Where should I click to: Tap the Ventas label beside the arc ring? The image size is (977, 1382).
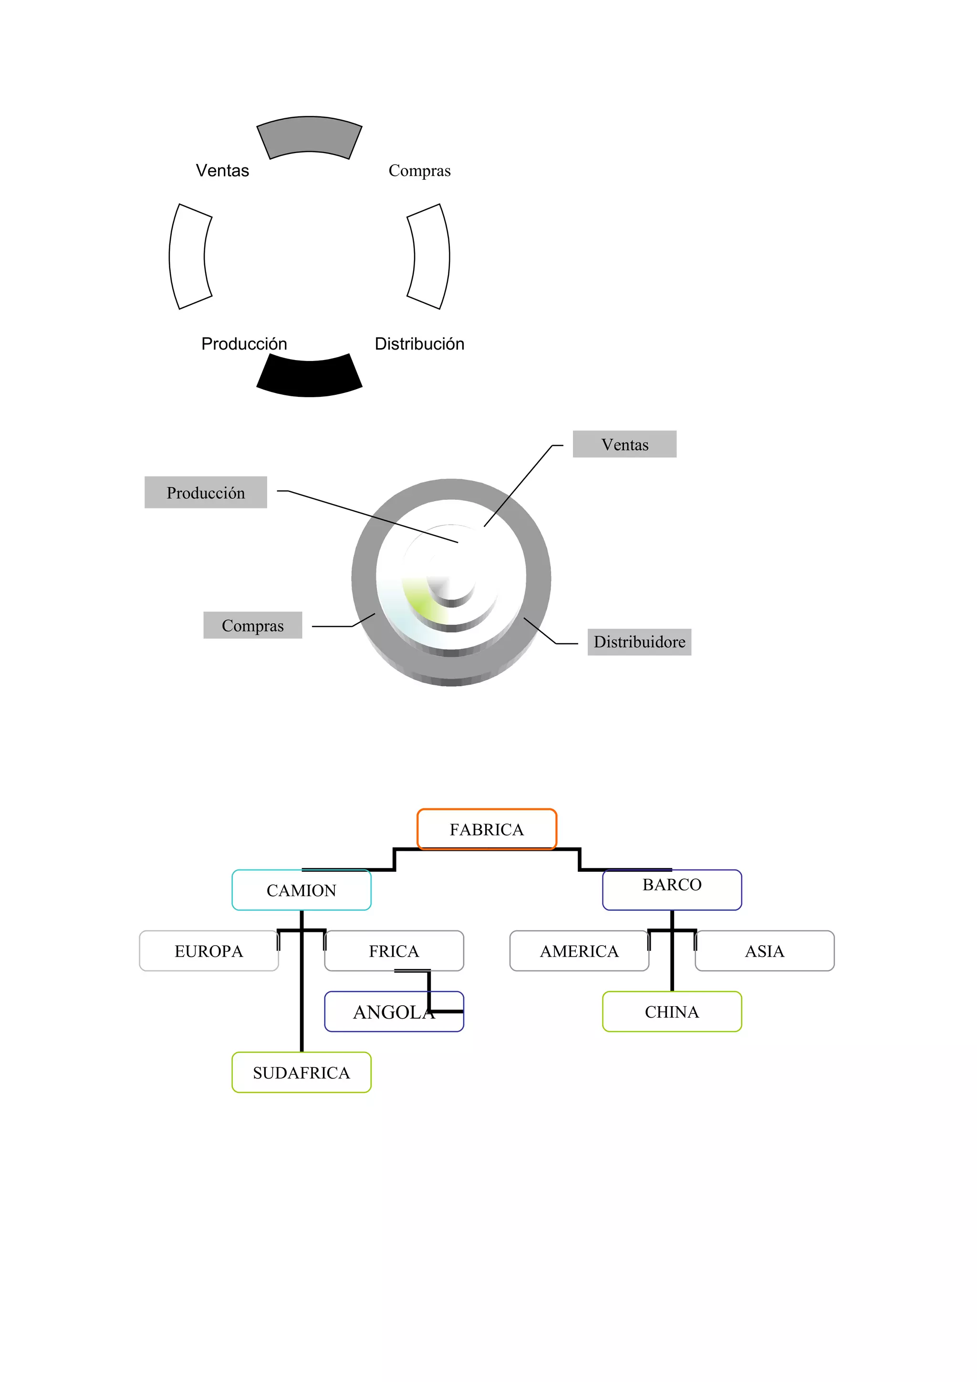(222, 170)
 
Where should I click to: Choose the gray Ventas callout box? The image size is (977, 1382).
(624, 444)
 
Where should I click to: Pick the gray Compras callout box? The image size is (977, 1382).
(252, 625)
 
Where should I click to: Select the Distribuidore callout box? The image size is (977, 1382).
(639, 642)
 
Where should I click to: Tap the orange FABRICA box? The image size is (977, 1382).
(487, 829)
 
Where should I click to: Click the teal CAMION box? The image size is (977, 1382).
(301, 890)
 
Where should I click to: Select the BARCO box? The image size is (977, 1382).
(672, 890)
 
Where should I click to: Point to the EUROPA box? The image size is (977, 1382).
(208, 951)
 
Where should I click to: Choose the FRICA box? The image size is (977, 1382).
(394, 951)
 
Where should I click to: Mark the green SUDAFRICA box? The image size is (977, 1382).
(301, 1073)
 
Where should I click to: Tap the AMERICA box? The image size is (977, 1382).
(579, 951)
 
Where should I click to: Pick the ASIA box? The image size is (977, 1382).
(765, 951)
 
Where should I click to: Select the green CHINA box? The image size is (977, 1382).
(672, 1012)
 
